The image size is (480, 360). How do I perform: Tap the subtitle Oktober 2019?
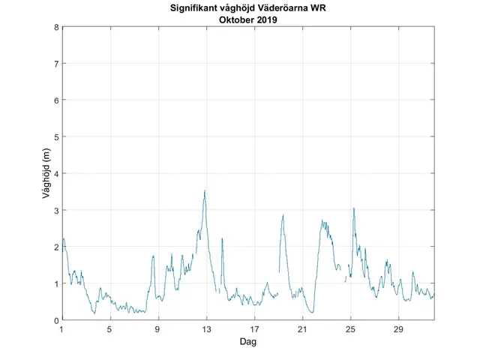pyautogui.click(x=247, y=20)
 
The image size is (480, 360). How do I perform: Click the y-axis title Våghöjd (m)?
pyautogui.click(x=46, y=174)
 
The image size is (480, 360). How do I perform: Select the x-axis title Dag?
pyautogui.click(x=247, y=341)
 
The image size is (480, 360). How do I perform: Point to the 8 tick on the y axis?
pyautogui.click(x=56, y=27)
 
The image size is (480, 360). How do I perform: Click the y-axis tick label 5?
pyautogui.click(x=56, y=136)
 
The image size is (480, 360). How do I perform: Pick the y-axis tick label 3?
pyautogui.click(x=56, y=210)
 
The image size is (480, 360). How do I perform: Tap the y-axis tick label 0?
pyautogui.click(x=56, y=320)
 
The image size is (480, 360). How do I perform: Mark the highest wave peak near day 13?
pyautogui.click(x=205, y=190)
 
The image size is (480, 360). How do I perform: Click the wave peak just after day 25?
pyautogui.click(x=353, y=208)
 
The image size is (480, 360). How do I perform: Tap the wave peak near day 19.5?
pyautogui.click(x=283, y=215)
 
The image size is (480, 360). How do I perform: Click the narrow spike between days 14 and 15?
pyautogui.click(x=222, y=238)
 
